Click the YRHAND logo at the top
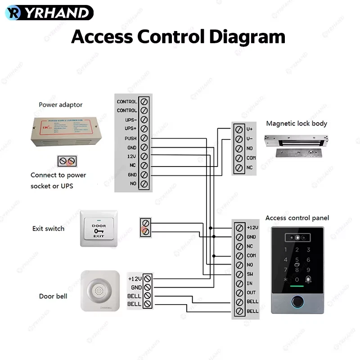pos(49,13)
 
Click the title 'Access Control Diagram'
pos(178,36)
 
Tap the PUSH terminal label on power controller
pos(130,138)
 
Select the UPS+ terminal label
pos(130,129)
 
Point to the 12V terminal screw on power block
pos(144,157)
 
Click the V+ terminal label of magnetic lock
pos(250,129)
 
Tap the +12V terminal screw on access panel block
pos(239,228)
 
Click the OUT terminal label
pos(251,293)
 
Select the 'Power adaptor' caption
pos(60,105)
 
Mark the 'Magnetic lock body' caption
pos(297,124)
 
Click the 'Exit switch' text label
pos(48,229)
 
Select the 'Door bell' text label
pos(53,296)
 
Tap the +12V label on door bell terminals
pos(135,278)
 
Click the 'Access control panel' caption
pos(297,218)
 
